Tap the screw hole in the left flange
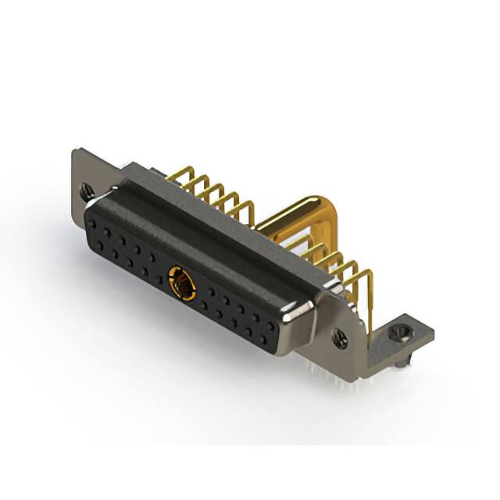pyautogui.click(x=86, y=188)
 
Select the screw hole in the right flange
pyautogui.click(x=341, y=337)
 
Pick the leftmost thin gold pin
pyautogui.click(x=188, y=177)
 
